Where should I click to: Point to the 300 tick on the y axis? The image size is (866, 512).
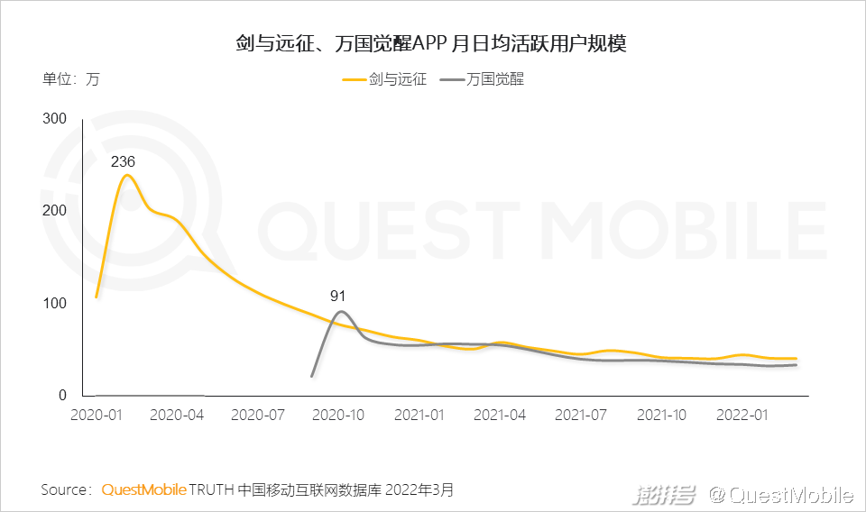(x=56, y=119)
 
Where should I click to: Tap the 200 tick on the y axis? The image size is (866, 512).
(x=56, y=211)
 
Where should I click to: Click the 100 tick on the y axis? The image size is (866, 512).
(x=56, y=303)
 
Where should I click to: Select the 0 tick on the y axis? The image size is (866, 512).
(x=63, y=395)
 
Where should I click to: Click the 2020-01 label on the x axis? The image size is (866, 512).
(x=97, y=415)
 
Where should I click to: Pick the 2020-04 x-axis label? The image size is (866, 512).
(x=177, y=415)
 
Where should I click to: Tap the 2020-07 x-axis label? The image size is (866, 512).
(x=258, y=415)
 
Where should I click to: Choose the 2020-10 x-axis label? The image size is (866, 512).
(x=339, y=415)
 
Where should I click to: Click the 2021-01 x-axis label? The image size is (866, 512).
(x=420, y=415)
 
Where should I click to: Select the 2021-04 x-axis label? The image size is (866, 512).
(x=501, y=415)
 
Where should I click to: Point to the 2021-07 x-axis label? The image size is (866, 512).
(x=582, y=415)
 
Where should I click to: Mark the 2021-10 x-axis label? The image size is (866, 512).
(x=663, y=415)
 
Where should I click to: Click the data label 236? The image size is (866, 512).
(x=123, y=162)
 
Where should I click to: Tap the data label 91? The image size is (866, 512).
(x=338, y=296)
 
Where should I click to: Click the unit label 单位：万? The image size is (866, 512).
(x=71, y=79)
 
